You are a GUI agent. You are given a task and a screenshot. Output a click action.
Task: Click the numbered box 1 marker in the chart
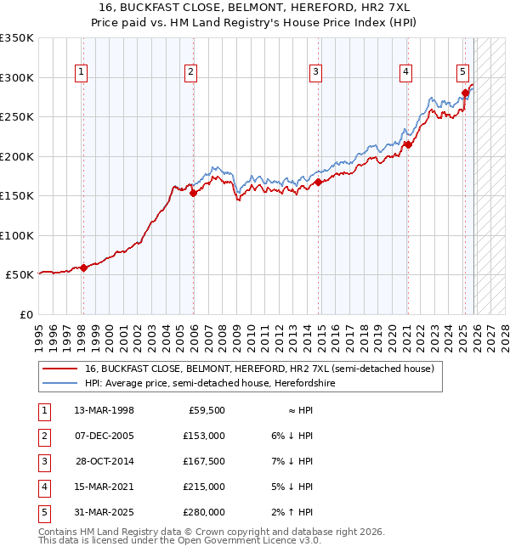tap(81, 73)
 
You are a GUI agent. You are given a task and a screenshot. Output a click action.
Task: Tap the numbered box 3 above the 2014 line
tap(315, 73)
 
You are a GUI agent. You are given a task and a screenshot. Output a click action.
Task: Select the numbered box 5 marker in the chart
tap(462, 73)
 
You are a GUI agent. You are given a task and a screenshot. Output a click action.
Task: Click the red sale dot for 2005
tap(193, 193)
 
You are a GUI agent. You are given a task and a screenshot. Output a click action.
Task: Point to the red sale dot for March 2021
tap(407, 144)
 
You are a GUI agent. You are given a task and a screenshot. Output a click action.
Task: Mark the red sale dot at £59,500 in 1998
tap(83, 268)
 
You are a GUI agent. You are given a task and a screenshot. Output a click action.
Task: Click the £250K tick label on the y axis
tap(17, 117)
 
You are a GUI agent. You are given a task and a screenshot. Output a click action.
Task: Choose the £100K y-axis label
tap(17, 235)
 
